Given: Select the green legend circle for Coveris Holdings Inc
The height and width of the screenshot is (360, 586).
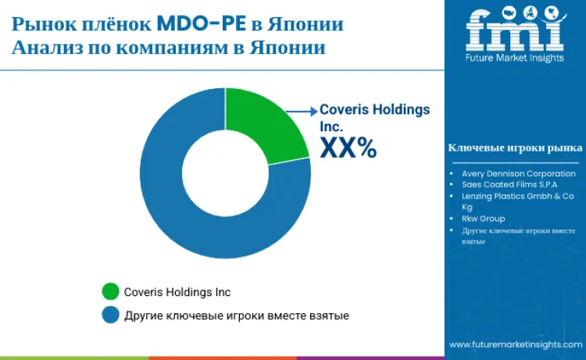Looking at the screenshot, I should coord(111,291).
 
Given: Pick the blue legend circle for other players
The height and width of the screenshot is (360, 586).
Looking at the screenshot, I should coord(111,315).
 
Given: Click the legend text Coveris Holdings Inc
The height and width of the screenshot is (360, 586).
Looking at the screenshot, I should coord(177,292).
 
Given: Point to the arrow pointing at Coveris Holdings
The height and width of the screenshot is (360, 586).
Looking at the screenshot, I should coord(301,111).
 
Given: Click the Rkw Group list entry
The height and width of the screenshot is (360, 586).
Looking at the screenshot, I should coord(484,219).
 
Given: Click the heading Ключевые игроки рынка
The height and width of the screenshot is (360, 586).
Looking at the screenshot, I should coord(515,147).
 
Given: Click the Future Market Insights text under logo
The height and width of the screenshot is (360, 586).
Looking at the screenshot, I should coord(514,59).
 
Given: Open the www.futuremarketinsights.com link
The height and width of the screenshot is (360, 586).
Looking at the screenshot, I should coord(514,344).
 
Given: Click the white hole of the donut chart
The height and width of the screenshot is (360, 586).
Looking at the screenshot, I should coord(224,173).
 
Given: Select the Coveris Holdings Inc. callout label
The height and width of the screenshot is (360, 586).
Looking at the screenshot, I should coord(375,117).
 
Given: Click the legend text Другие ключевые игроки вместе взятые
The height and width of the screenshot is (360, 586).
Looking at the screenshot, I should coord(236,315).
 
